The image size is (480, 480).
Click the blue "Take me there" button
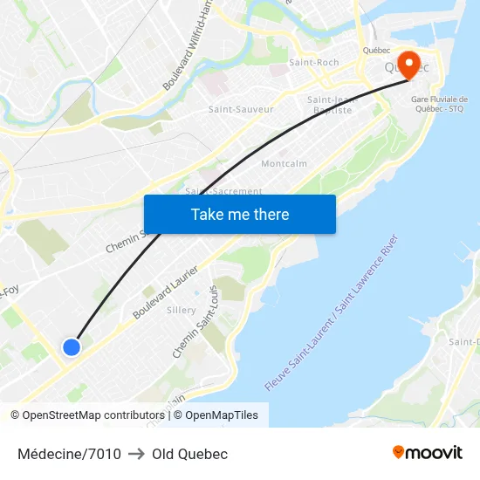click(239, 214)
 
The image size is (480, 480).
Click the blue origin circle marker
click(72, 347)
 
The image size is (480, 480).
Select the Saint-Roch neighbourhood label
click(313, 63)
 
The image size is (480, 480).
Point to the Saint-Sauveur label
click(241, 109)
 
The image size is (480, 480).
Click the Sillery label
click(181, 310)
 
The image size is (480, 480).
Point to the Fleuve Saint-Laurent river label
click(332, 312)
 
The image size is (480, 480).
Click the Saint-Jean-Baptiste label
click(330, 105)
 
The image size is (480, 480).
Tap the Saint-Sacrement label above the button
click(223, 191)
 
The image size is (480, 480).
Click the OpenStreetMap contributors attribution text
click(93, 415)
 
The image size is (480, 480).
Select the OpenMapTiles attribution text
click(221, 415)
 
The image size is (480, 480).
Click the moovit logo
click(427, 452)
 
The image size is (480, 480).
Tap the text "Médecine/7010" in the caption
click(69, 454)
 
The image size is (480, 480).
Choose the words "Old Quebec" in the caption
click(189, 454)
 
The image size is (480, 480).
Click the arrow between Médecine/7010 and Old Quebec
click(136, 454)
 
